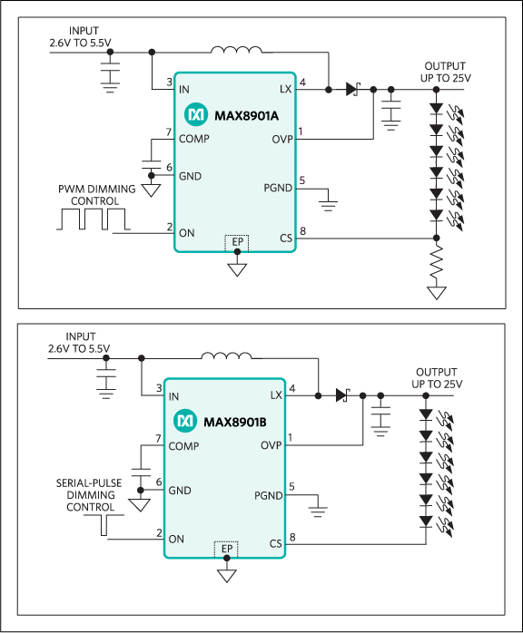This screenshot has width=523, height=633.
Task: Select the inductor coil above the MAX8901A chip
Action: point(236,51)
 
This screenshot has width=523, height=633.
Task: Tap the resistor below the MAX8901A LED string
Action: point(438,265)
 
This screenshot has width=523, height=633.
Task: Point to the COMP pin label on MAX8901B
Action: point(183,446)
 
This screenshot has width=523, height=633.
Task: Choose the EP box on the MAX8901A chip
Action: point(237,242)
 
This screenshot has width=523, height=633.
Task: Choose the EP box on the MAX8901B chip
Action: point(226,549)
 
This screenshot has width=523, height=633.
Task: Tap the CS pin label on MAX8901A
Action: point(286,239)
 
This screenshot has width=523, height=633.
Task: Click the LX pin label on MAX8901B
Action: point(276,395)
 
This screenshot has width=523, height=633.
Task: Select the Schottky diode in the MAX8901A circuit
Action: point(352,89)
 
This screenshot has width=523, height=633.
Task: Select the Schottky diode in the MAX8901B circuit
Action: point(342,395)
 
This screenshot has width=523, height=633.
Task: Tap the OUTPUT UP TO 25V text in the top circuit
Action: point(445,73)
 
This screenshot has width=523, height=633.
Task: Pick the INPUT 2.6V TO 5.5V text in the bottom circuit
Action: point(79,343)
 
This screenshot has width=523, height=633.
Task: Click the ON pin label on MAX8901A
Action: point(186,233)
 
